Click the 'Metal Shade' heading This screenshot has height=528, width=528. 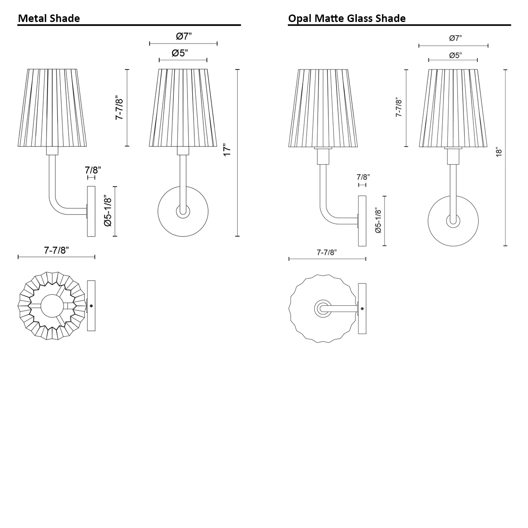(x=49, y=18)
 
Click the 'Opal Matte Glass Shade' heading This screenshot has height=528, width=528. (x=347, y=18)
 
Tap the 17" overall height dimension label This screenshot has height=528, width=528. (x=227, y=150)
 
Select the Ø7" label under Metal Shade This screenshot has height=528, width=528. (x=183, y=36)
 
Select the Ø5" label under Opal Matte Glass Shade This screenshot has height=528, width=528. (x=455, y=55)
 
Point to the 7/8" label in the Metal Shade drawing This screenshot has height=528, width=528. (x=93, y=170)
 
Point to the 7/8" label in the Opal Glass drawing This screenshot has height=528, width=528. (x=363, y=177)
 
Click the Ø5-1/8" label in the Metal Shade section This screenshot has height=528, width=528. (x=108, y=211)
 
